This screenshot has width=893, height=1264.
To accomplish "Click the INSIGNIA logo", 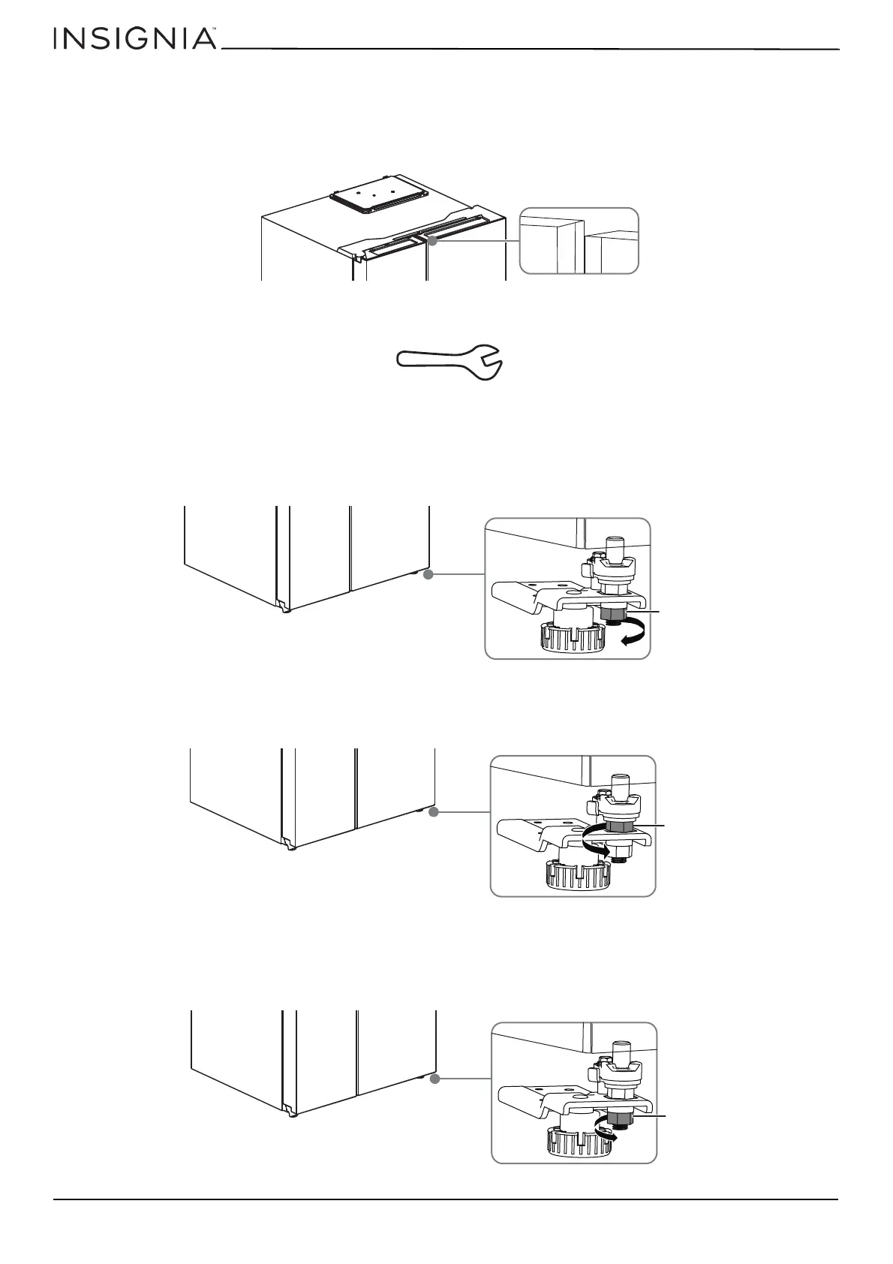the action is click(x=134, y=39).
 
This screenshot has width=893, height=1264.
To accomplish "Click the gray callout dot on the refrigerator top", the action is click(x=431, y=240).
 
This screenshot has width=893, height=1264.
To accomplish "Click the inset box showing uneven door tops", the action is click(x=579, y=240).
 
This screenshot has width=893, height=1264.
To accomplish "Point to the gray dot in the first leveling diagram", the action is click(x=428, y=575).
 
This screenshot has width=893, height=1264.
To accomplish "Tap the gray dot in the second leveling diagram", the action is click(x=433, y=812).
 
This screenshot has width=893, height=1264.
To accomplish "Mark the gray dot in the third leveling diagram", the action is click(x=434, y=1079).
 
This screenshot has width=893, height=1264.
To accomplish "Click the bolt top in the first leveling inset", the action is click(x=615, y=541).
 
